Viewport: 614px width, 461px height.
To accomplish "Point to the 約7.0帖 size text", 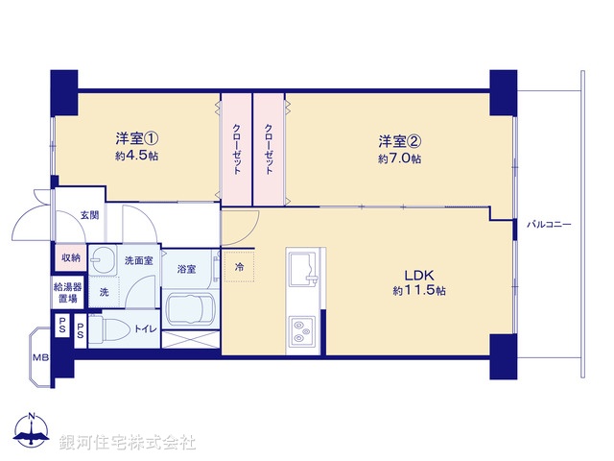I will coord(399,158).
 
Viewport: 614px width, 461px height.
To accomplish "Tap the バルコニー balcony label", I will coord(549,224).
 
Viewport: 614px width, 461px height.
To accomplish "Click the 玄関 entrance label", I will coord(89,215).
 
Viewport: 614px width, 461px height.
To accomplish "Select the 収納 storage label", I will coord(70,257).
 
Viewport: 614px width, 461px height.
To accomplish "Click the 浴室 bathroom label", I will coord(186,269).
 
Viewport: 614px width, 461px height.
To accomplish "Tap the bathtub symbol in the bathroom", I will coord(191,309).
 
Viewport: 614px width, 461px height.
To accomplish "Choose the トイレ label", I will coord(145,328).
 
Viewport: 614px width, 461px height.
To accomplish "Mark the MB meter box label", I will coord(40,358).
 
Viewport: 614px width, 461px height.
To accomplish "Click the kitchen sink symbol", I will coord(306,266).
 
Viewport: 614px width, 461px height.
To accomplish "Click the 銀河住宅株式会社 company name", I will coord(127,443).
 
